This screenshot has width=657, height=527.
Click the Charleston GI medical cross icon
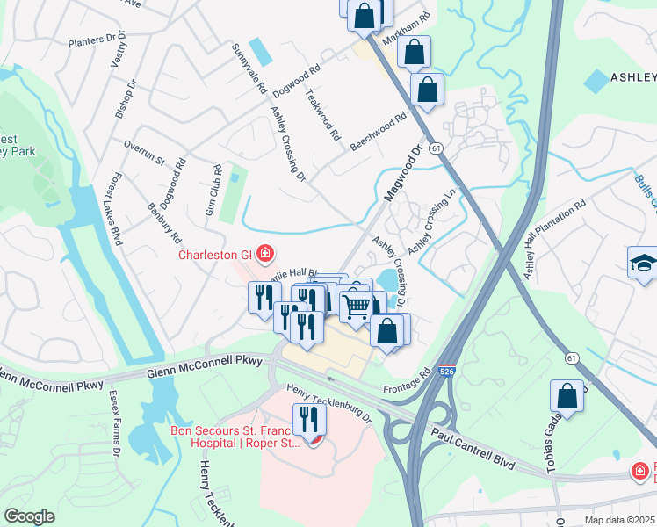[x=264, y=255]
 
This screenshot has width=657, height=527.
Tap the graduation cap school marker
[x=642, y=263]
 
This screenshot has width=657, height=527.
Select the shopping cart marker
[x=356, y=307]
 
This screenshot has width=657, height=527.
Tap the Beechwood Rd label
[x=379, y=130]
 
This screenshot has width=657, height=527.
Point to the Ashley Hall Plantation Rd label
[x=554, y=239]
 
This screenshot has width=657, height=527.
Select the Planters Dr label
[x=92, y=40]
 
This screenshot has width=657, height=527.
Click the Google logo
[x=30, y=516]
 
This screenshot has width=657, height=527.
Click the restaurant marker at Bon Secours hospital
[x=313, y=421]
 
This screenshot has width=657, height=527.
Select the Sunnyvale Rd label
[x=248, y=68]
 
